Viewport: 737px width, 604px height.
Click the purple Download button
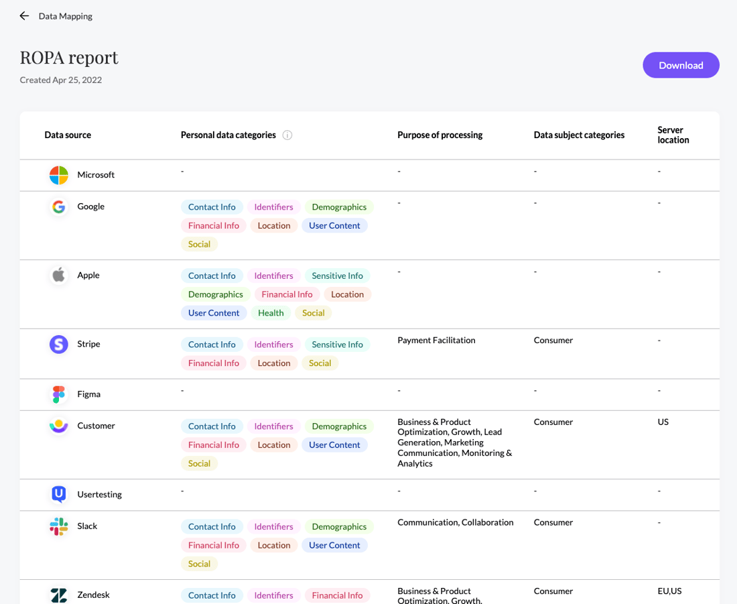pos(681,65)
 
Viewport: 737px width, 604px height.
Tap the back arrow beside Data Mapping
pos(24,16)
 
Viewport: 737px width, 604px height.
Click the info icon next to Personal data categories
pos(287,135)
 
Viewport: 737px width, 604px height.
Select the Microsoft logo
pos(59,175)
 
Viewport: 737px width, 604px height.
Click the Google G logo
pos(59,207)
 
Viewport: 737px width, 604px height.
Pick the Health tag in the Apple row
pos(271,313)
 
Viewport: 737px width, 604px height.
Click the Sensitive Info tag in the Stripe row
pos(337,345)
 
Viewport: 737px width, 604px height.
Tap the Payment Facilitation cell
pos(436,340)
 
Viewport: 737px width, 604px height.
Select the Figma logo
pos(59,394)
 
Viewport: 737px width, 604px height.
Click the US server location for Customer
pos(663,422)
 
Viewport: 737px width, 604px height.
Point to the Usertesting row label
pos(99,494)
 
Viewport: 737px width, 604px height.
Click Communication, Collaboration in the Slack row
pos(455,522)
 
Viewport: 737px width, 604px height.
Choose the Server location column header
pos(673,135)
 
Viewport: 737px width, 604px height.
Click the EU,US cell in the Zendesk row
pos(669,591)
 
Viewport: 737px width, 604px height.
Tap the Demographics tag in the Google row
pos(339,207)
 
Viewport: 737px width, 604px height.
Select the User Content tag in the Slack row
pos(334,545)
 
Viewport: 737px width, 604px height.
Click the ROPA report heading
pos(69,58)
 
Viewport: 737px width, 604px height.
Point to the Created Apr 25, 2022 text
pos(61,80)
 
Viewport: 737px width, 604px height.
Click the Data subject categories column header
pos(579,135)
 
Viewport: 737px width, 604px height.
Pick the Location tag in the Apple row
pos(347,294)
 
